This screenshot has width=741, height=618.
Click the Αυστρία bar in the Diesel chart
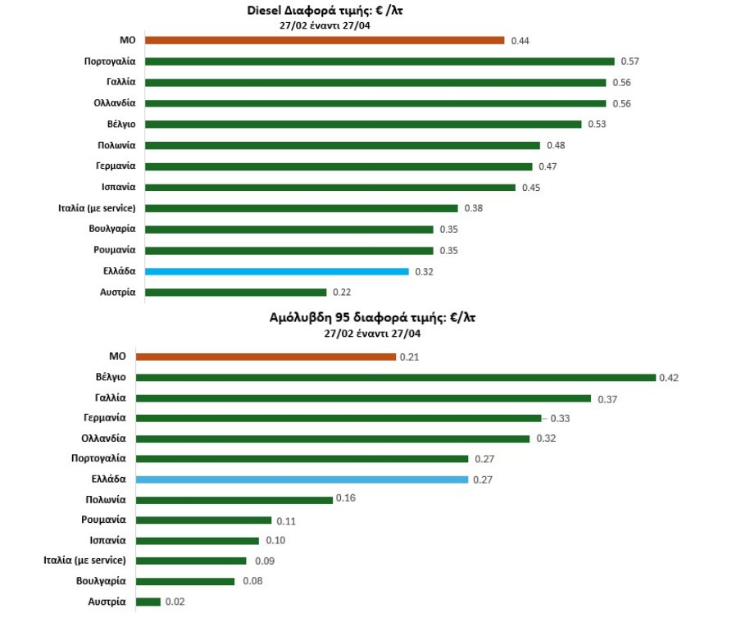235,292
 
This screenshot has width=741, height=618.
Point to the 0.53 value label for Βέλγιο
597,125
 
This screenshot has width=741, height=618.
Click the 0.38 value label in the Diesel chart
473,208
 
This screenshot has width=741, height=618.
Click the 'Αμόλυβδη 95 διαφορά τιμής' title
371,318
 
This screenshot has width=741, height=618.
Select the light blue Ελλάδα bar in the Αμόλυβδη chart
302,479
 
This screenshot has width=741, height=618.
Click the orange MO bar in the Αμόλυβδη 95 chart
266,357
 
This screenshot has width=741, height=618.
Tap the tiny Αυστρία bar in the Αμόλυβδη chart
148,602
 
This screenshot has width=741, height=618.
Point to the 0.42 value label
669,378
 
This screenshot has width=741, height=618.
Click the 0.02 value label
174,602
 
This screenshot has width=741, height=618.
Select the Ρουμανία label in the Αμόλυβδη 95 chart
103,520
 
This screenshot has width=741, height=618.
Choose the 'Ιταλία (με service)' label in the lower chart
84,561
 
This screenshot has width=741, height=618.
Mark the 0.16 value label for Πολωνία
346,499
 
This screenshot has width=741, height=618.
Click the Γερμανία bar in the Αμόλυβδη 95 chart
339,418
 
